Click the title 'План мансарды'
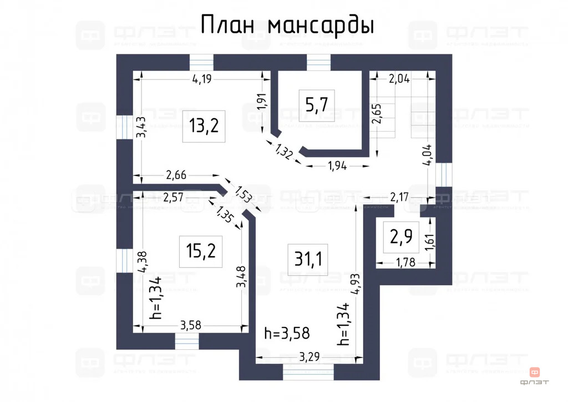[287, 25]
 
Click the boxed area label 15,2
[200, 252]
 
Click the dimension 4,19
[205, 79]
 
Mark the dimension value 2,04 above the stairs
[399, 78]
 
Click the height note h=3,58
[287, 333]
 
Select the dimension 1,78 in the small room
[406, 262]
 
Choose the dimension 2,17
[399, 197]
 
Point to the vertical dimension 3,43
[141, 127]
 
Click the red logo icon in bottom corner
[536, 372]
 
